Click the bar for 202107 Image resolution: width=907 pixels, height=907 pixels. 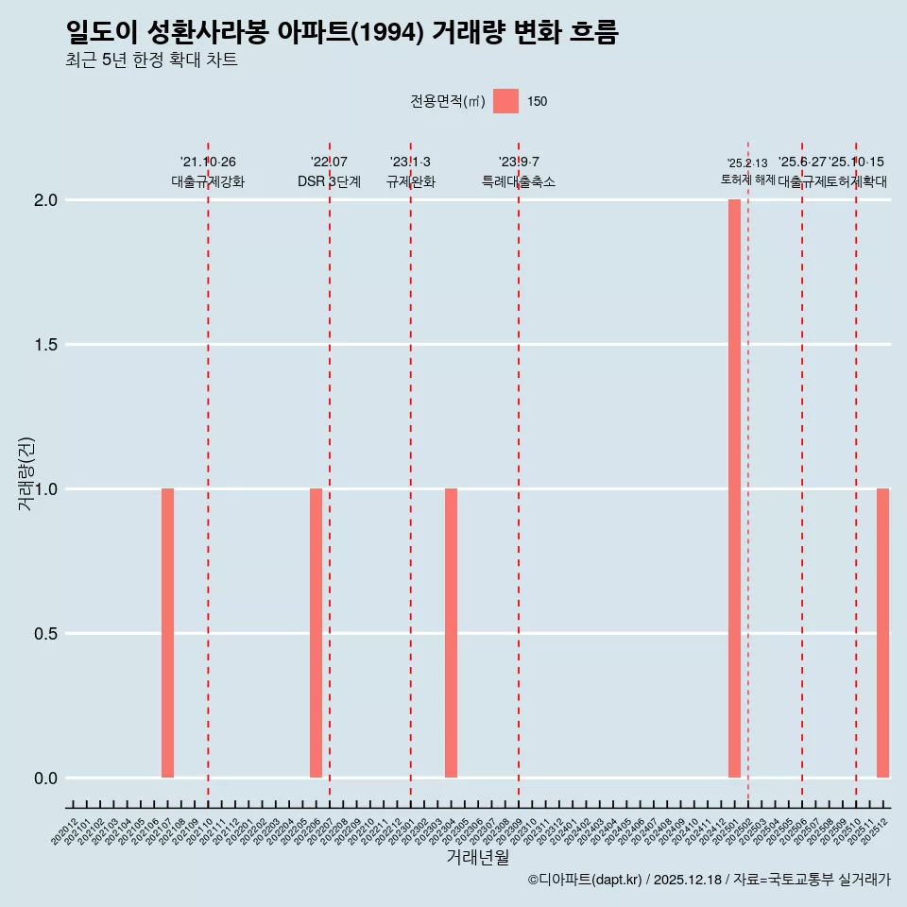[167, 633]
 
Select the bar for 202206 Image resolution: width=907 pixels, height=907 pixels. [316, 633]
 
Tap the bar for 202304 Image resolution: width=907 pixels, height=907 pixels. [451, 633]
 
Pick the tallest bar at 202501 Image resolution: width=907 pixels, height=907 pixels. [734, 488]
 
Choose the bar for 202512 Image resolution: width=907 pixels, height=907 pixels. [882, 633]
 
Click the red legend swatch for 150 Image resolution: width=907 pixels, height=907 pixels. [506, 101]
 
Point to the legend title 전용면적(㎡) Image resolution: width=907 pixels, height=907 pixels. [448, 101]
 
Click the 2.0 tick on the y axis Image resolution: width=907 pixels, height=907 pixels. [47, 200]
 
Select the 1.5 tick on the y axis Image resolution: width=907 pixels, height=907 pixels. [47, 345]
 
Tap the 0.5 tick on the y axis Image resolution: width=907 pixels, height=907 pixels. [47, 634]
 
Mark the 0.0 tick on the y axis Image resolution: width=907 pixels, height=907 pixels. [47, 779]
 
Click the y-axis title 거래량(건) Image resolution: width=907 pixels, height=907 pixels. [26, 474]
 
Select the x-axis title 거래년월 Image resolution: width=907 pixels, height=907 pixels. [477, 858]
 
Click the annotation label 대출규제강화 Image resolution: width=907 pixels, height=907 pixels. [208, 181]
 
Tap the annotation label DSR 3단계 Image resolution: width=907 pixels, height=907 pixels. [329, 181]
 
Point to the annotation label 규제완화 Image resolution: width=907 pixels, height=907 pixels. [410, 181]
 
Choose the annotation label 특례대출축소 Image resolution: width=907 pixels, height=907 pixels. [519, 181]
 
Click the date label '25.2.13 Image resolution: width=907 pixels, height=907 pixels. [747, 163]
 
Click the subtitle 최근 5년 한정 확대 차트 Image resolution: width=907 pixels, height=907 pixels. [151, 60]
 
